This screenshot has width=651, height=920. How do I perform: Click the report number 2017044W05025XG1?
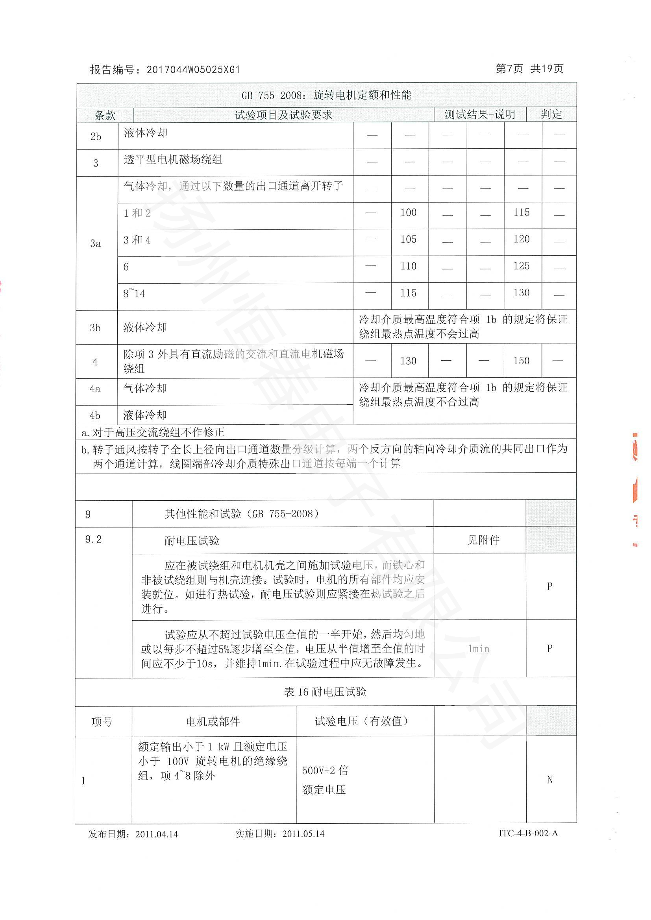point(193,70)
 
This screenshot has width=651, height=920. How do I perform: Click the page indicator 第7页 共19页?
point(529,69)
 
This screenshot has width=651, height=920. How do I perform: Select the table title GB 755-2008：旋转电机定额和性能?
point(326,95)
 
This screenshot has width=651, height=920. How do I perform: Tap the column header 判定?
point(551,114)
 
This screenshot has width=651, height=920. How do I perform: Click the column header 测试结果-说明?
point(479,114)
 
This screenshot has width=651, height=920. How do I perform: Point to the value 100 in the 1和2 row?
point(409,213)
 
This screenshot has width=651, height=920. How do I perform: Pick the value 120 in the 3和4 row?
point(522,239)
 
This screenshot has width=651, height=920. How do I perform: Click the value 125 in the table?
point(522,266)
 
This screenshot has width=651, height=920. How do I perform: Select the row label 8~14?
point(134,294)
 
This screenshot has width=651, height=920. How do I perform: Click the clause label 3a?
point(95,243)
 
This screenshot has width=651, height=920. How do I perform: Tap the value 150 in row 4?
point(522,361)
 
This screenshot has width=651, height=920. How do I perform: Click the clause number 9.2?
point(93,539)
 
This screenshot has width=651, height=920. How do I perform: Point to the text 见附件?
point(483,540)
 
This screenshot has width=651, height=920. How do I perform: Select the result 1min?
point(479,649)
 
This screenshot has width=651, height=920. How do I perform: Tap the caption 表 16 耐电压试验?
point(325,692)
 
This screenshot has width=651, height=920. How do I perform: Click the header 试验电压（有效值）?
point(361,721)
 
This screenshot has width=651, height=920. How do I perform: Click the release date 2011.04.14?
point(156,834)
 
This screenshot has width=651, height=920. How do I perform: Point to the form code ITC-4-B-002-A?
point(528,833)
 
